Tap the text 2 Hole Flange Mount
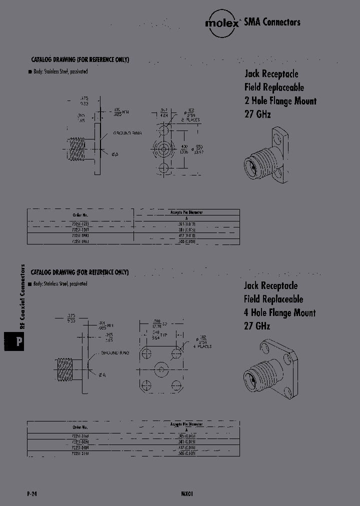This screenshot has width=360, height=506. tap(280, 100)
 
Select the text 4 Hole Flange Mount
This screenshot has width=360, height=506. tap(279, 312)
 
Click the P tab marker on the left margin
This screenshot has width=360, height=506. tap(17, 342)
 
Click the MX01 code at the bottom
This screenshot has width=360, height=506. tap(186, 493)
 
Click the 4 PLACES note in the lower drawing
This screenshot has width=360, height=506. tap(202, 346)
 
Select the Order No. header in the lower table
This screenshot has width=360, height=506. tap(80, 427)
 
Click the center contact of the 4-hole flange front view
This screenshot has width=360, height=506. tap(160, 370)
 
